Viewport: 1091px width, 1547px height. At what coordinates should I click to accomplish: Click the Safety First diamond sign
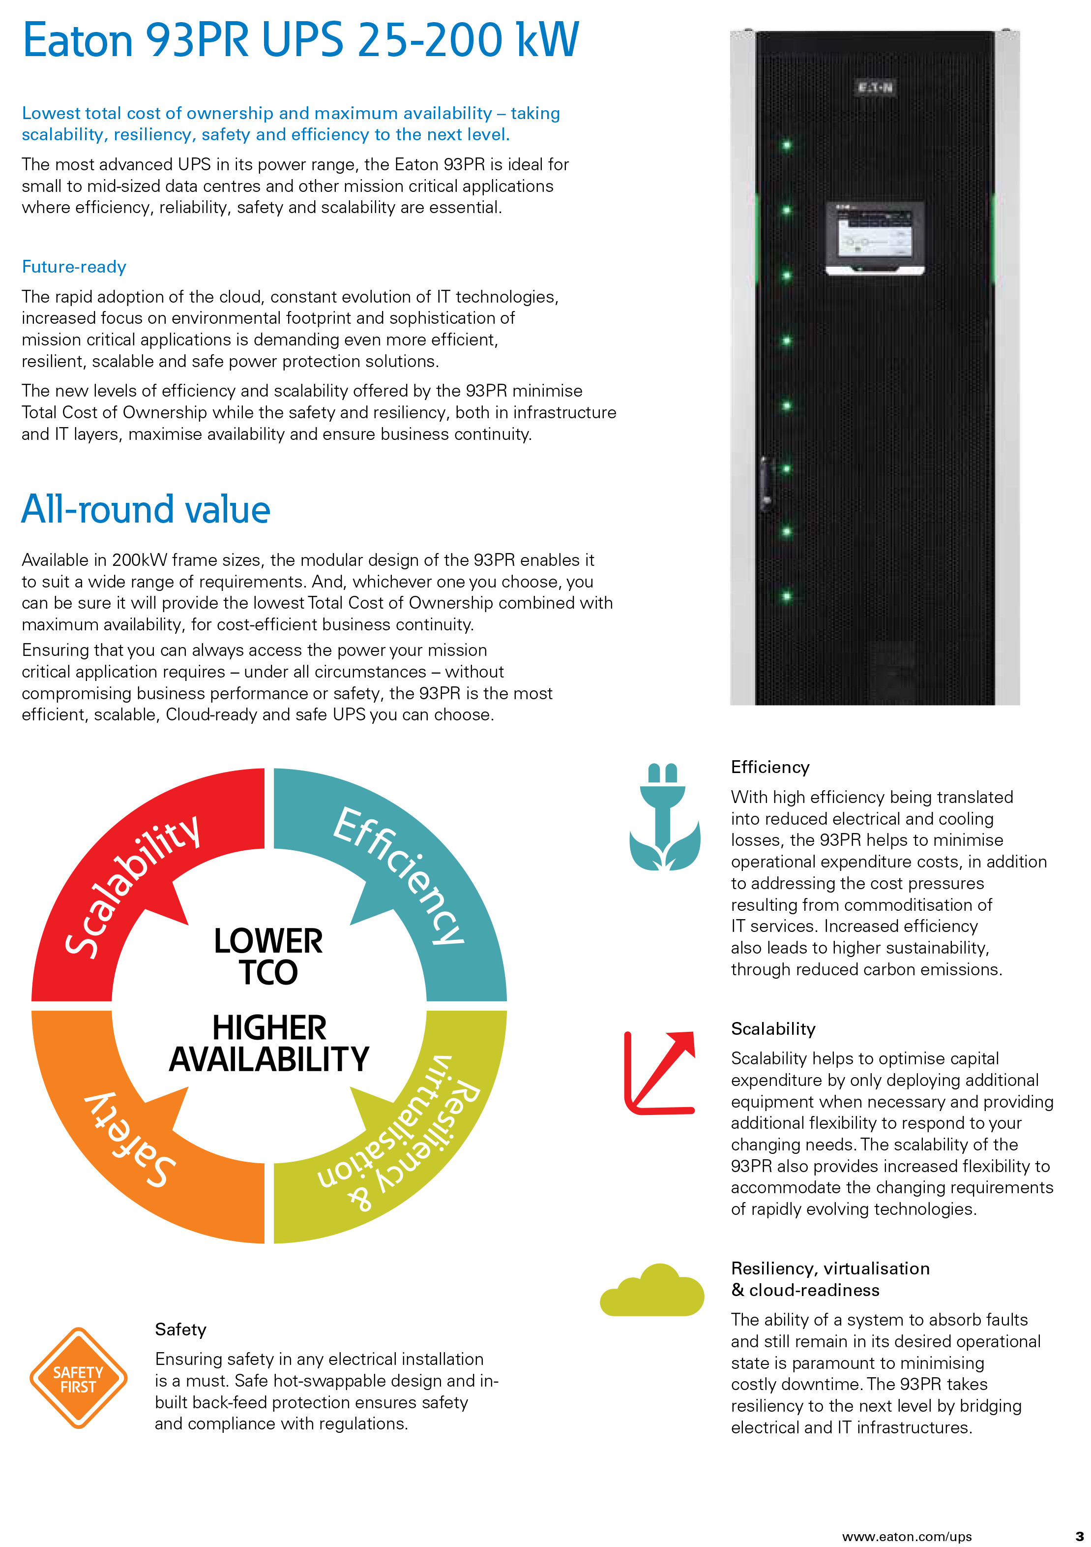pos(78,1379)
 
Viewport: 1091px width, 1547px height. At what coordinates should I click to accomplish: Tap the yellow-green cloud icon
pos(652,1290)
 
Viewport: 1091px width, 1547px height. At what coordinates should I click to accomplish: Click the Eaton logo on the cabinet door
pos(875,88)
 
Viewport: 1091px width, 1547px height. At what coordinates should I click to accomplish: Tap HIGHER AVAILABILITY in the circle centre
pos(269,1044)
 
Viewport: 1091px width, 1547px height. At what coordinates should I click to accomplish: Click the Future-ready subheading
pos(74,267)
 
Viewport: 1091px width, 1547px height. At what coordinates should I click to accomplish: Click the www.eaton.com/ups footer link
pos(907,1536)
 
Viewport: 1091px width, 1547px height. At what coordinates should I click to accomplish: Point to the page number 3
pos(1079,1536)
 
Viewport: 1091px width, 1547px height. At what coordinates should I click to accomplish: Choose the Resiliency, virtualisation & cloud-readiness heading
pos(830,1279)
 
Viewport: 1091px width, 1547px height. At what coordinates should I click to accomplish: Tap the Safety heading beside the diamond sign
pos(180,1330)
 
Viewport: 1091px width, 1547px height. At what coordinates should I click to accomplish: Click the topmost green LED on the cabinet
pos(786,145)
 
